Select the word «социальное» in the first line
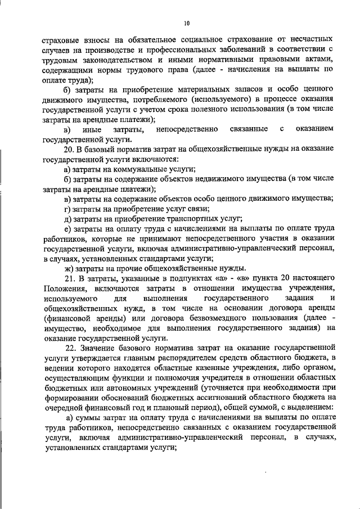tap(186, 40)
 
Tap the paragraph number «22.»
tap(70, 347)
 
